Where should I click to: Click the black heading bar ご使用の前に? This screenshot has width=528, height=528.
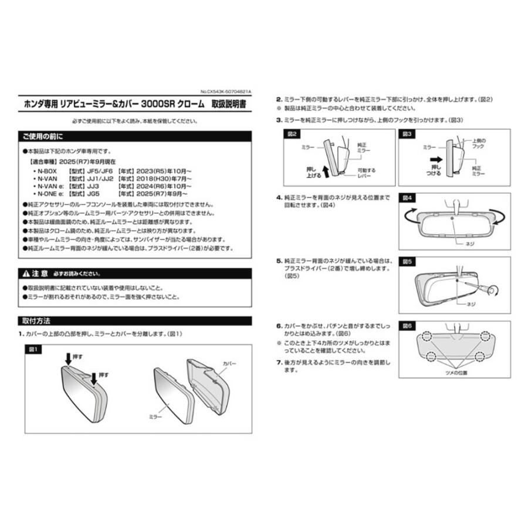click(135, 136)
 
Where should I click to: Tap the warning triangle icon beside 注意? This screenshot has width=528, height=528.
click(25, 274)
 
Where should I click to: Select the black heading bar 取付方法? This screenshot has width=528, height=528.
click(135, 321)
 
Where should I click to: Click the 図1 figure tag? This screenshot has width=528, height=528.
click(33, 349)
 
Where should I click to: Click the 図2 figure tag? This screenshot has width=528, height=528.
click(292, 134)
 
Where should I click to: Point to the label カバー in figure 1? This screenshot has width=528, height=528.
click(229, 364)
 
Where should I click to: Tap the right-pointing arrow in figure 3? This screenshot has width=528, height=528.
click(435, 159)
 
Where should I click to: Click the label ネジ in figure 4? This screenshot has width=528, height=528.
click(469, 243)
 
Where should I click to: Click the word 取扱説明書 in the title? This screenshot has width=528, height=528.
click(229, 104)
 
